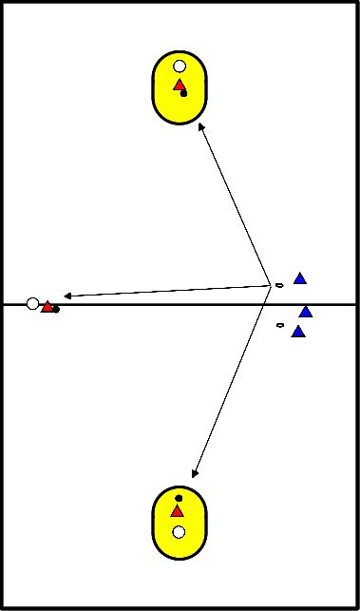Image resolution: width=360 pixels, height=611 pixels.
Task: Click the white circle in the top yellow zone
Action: coord(180,67)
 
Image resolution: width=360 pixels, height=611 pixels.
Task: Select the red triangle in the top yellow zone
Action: coord(179,86)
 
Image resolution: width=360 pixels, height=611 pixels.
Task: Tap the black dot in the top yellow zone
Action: coord(183,93)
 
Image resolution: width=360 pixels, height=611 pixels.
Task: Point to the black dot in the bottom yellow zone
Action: coord(179,498)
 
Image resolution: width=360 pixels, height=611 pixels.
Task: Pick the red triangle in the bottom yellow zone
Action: coord(177,511)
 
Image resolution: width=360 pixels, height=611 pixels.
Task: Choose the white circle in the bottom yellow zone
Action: coord(179,532)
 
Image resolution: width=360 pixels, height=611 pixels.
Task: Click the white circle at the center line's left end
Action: coord(33,304)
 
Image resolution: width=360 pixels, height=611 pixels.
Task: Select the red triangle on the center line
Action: coord(47,306)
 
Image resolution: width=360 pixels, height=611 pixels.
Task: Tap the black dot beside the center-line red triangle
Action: coord(56,309)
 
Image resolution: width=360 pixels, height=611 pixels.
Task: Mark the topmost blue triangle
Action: coord(300,278)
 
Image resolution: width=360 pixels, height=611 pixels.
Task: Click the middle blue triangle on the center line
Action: coord(305,311)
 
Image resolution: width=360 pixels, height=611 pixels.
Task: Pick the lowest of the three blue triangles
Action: coord(298,332)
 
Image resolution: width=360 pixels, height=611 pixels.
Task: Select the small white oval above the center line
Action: coord(279,285)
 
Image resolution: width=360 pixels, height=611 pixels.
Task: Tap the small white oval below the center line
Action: coord(279,326)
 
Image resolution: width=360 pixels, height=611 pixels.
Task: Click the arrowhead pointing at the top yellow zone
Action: coord(200,126)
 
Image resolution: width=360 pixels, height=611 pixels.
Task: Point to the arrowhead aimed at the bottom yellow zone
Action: coord(195,472)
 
